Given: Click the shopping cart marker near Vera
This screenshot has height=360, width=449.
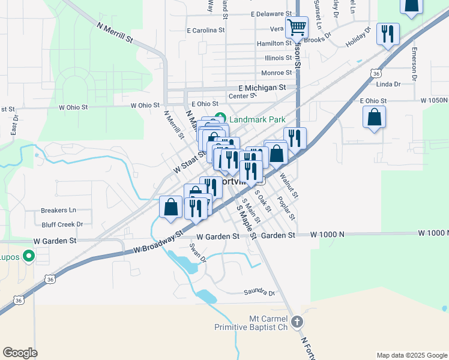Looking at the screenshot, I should pyautogui.click(x=296, y=28).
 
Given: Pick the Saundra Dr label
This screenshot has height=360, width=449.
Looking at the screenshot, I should pyautogui.click(x=259, y=293).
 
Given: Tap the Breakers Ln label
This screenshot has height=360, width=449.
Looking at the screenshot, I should pyautogui.click(x=58, y=211).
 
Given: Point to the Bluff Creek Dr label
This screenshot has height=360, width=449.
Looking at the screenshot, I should pyautogui.click(x=62, y=224).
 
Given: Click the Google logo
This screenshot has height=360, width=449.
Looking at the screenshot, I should pyautogui.click(x=20, y=353).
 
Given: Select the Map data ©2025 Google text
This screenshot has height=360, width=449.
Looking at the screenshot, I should pyautogui.click(x=411, y=355).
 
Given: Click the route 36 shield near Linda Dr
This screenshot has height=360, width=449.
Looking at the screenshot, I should pyautogui.click(x=376, y=73).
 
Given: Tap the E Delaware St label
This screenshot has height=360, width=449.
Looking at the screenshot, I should pyautogui.click(x=271, y=14).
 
